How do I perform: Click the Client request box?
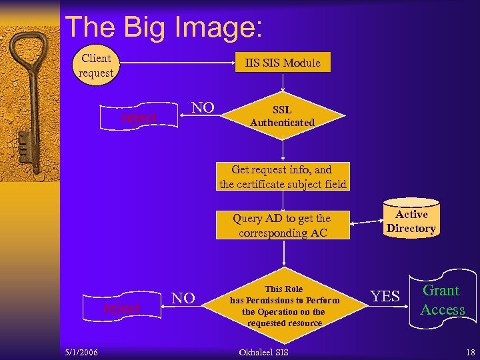pos(95,65)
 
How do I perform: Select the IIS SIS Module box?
pos(282,63)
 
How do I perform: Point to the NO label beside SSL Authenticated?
pos(203,108)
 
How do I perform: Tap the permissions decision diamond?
pos(284,305)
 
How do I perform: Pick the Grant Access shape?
pos(443,300)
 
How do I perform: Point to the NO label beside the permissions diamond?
pos(183,298)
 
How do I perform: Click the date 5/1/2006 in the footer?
pos(80,352)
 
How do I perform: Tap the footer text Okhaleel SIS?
pos(263,352)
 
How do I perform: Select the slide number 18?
pos(471,352)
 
